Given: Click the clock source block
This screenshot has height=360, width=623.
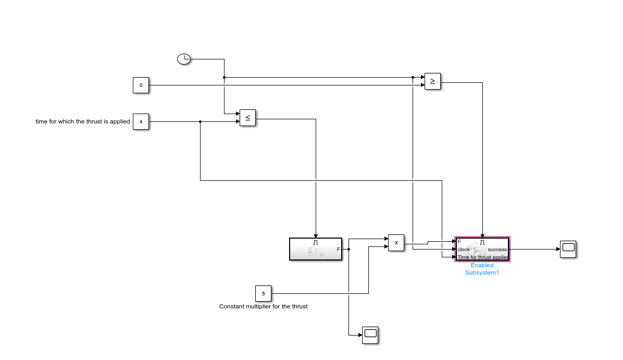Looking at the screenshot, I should pos(184,59).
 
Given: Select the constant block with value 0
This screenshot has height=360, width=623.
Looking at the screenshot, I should pos(141,85).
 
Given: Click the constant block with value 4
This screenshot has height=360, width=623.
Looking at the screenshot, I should pos(141,122).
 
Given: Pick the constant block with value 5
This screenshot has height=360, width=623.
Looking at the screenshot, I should pos(263,293).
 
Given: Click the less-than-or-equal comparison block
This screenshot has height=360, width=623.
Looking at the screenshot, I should pos(247,118).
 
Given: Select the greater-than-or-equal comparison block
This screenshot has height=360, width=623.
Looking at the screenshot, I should pos(432,81).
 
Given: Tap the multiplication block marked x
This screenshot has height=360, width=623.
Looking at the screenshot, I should pos(396,243).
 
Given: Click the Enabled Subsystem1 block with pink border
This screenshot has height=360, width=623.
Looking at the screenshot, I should pos(482,249).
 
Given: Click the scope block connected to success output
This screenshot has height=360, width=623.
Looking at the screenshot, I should pos(568,249).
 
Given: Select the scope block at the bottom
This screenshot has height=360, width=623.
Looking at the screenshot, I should pos(370,334).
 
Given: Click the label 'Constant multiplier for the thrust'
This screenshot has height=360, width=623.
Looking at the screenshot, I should pos(263,306).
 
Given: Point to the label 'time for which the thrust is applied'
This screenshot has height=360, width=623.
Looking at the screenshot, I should pos(82,122).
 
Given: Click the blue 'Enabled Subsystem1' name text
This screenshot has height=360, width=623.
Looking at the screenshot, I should pos(482,269).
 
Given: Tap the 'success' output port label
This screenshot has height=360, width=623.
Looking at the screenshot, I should pos(497,250).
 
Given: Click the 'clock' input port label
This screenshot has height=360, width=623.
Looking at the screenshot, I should pos(464,250).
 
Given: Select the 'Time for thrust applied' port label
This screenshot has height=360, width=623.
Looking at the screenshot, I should pos(483,257).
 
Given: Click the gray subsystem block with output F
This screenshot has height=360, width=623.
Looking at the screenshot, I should pos(315,249).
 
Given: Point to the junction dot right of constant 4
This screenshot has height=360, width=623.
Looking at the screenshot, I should pos(201,122).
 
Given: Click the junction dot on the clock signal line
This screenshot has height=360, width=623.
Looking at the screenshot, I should pos(224,78).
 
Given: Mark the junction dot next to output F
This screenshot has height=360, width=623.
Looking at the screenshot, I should pos(348,250).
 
